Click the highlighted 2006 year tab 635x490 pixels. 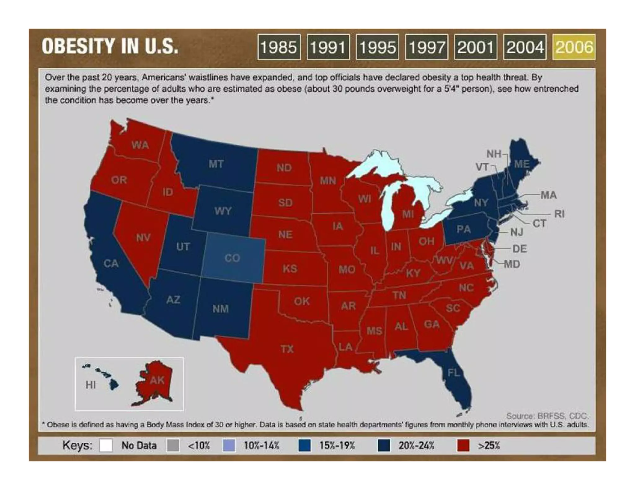pyautogui.click(x=574, y=47)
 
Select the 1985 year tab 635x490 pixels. pyautogui.click(x=279, y=47)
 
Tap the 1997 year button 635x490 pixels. pyautogui.click(x=426, y=47)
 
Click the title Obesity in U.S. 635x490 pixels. pyautogui.click(x=110, y=46)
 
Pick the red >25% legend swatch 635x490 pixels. pyautogui.click(x=463, y=446)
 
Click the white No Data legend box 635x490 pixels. pyautogui.click(x=106, y=446)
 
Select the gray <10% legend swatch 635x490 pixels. pyautogui.click(x=173, y=446)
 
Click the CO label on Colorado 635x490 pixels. pyautogui.click(x=232, y=258)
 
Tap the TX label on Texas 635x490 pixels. pyautogui.click(x=287, y=349)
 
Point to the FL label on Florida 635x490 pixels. pyautogui.click(x=454, y=373)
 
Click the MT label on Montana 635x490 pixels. pyautogui.click(x=216, y=164)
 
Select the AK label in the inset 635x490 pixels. pyautogui.click(x=157, y=380)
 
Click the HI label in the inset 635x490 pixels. pyautogui.click(x=91, y=385)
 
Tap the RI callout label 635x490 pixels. pyautogui.click(x=559, y=214)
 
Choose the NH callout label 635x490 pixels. pyautogui.click(x=494, y=154)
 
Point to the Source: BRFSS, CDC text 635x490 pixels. pyautogui.click(x=547, y=416)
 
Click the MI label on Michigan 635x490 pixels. pyautogui.click(x=408, y=214)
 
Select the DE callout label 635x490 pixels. pyautogui.click(x=520, y=249)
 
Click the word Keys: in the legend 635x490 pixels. pyautogui.click(x=77, y=446)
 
